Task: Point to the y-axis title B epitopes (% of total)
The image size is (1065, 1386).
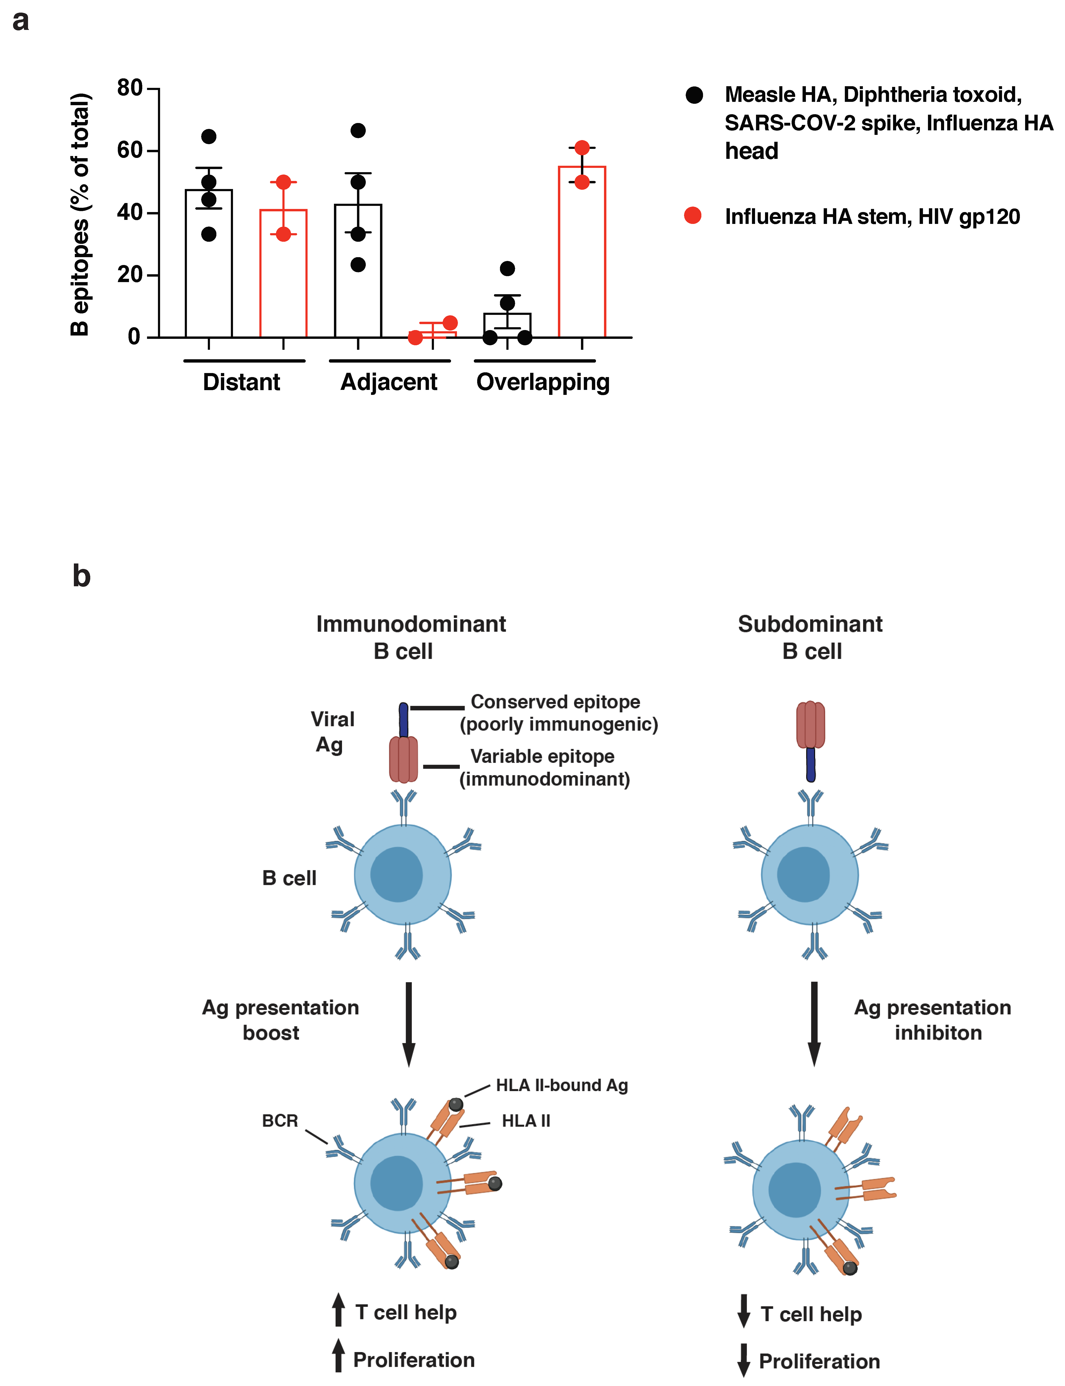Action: tap(80, 214)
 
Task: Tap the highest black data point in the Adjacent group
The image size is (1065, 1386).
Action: tap(358, 131)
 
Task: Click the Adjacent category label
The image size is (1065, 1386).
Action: tap(389, 382)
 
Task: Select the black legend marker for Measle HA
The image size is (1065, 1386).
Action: tap(694, 95)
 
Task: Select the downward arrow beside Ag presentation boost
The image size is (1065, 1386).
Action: tap(409, 1023)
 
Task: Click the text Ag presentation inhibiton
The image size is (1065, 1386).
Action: tap(932, 1020)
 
